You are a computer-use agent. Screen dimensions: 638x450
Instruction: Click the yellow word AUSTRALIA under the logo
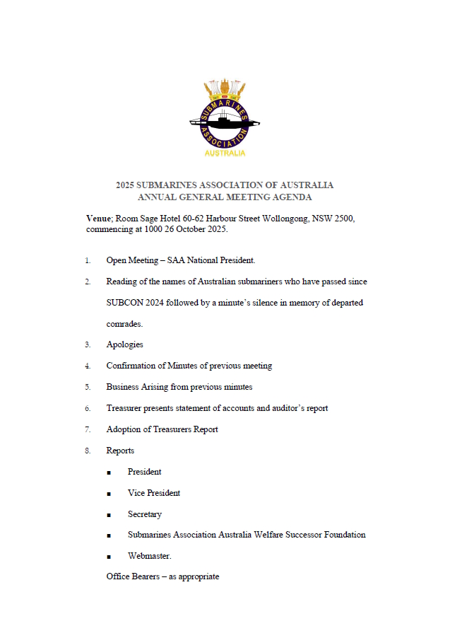pos(225,153)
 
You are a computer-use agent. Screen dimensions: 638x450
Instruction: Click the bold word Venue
pos(98,219)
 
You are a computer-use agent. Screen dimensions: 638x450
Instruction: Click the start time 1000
pos(158,229)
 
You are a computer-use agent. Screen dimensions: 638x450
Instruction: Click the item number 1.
pos(88,260)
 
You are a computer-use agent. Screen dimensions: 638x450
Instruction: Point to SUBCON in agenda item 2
pos(124,303)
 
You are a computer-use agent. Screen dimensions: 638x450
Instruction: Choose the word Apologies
pos(124,344)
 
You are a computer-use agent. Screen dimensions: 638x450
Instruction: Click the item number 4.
pos(88,366)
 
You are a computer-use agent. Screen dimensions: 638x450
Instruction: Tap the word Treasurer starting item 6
pos(126,408)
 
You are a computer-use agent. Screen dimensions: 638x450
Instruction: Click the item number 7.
pos(88,429)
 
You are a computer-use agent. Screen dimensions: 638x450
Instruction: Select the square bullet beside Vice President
pos(109,494)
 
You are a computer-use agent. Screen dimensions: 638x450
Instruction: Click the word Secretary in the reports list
pos(145,514)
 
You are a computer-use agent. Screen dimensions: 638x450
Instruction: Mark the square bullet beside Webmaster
pos(109,557)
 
